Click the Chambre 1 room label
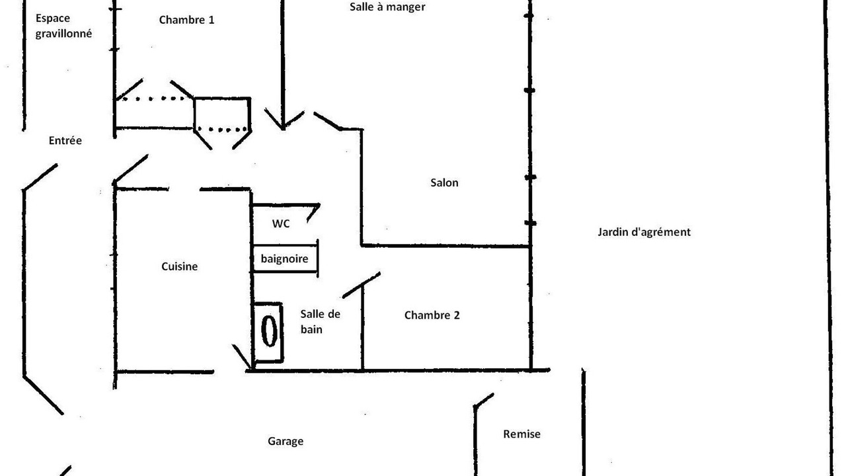point(186,20)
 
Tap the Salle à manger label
point(387,7)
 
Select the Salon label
point(445,183)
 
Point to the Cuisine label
point(179,266)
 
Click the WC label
point(281,223)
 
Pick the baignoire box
point(285,258)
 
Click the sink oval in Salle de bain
point(269,331)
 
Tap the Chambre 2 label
point(432,315)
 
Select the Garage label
point(286,441)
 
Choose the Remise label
point(521,434)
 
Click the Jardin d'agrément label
point(644,232)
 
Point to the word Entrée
point(65,141)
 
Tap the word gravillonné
point(63,34)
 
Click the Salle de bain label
point(321,321)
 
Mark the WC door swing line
point(313,213)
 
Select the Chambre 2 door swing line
point(362,285)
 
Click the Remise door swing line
point(484,401)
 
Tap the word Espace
point(53,19)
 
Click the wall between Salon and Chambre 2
point(445,247)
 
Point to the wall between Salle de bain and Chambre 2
point(363,328)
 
